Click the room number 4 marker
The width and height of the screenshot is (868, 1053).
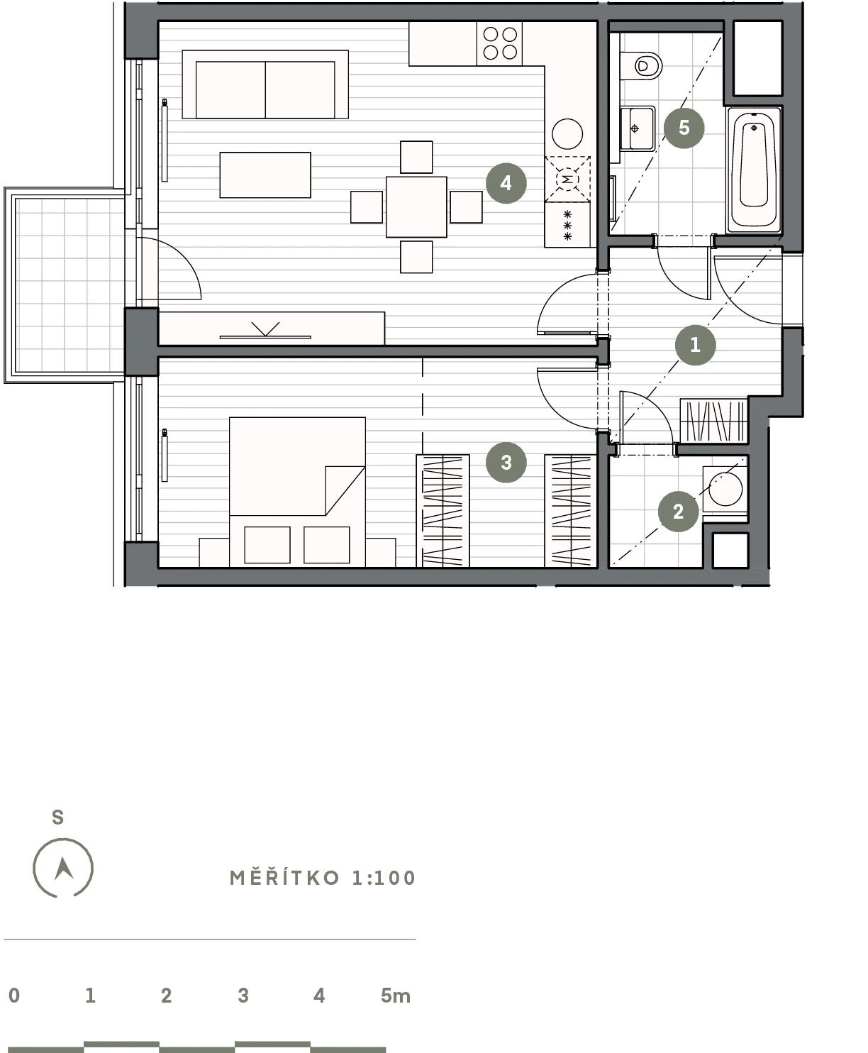(506, 183)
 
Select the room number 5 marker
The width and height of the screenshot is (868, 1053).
(684, 128)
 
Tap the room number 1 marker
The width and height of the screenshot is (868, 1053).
(695, 345)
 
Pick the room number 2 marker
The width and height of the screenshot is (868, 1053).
(678, 512)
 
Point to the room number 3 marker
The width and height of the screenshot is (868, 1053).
(506, 462)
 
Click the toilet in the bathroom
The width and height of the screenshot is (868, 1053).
(641, 65)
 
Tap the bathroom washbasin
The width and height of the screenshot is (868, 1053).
(638, 128)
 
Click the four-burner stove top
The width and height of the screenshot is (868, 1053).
(499, 43)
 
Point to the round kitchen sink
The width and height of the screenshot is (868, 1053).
(567, 133)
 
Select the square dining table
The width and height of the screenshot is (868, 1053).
(416, 206)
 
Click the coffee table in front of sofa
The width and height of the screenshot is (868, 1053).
(265, 175)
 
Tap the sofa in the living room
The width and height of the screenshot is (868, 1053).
(265, 84)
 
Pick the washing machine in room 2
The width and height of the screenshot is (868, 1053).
(725, 489)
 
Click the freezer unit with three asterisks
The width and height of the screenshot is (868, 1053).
(567, 225)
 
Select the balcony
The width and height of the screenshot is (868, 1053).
(65, 285)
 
